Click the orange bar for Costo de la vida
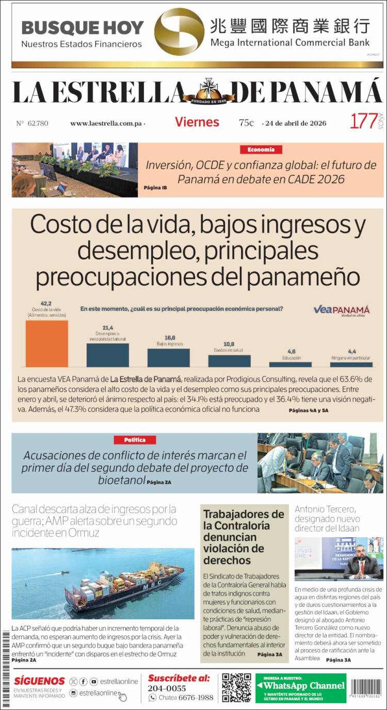[x=47, y=343]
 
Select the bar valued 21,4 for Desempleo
[x=107, y=355]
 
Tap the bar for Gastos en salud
[x=229, y=360]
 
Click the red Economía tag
[x=261, y=150]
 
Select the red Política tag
[x=135, y=440]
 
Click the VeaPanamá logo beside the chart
[x=342, y=310]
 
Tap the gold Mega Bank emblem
[x=179, y=32]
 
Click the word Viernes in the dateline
[x=197, y=122]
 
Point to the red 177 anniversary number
[x=363, y=122]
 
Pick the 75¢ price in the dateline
[x=246, y=123]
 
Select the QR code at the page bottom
[x=236, y=687]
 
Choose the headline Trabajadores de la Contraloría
[x=244, y=537]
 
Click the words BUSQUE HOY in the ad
[x=82, y=27]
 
